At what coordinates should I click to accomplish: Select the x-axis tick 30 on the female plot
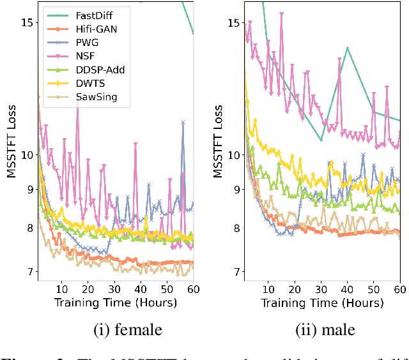click(114, 289)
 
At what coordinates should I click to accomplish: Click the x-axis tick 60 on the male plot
click(400, 289)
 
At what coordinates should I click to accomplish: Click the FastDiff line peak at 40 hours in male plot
click(347, 48)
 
